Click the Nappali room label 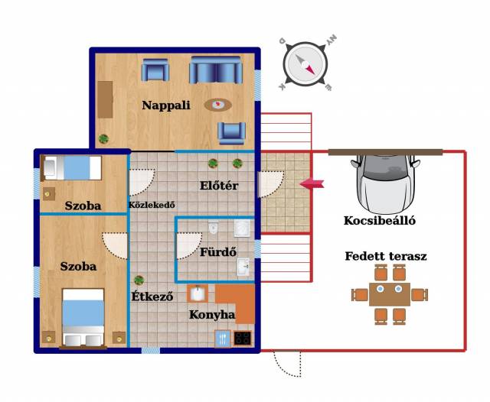pos(166,105)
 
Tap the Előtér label pos(219,186)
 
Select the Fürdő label pos(218,251)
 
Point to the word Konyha pos(212,315)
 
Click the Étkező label pos(152,296)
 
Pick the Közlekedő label pos(152,205)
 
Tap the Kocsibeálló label pos(380,221)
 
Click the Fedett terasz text pos(386,256)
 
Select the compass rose pos(305,64)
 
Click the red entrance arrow pos(312,183)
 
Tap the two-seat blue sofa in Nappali pos(216,70)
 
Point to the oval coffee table pos(218,105)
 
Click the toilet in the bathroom pos(213,228)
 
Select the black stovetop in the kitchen pos(243,338)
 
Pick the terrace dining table pos(390,294)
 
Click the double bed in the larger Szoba pos(83,317)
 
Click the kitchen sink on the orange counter pos(198,293)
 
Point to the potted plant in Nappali pos(103,138)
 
